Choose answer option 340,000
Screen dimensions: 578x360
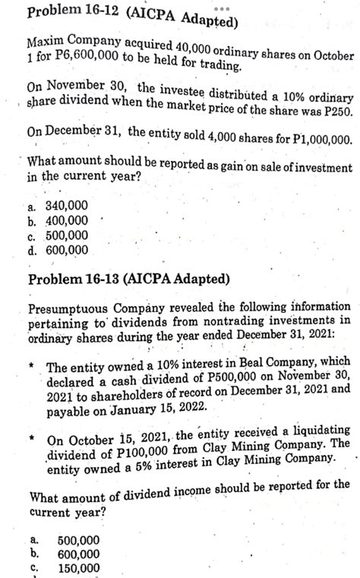pyautogui.click(x=68, y=206)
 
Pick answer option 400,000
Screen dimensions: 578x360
pyautogui.click(x=68, y=220)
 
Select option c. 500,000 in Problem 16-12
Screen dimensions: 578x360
pyautogui.click(x=68, y=235)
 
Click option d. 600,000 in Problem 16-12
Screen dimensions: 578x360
pyautogui.click(x=68, y=249)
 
